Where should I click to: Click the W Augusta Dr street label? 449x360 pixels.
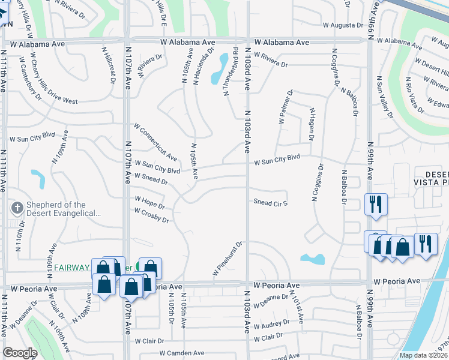(343, 26)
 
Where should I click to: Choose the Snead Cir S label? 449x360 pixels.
(271, 202)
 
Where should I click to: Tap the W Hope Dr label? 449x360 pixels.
(149, 202)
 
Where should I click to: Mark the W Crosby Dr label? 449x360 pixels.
(151, 216)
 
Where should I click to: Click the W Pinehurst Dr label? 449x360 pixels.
(228, 259)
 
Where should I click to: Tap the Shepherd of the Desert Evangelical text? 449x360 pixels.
(56, 209)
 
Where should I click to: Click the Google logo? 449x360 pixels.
(20, 353)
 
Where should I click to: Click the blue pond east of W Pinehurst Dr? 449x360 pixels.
(313, 259)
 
